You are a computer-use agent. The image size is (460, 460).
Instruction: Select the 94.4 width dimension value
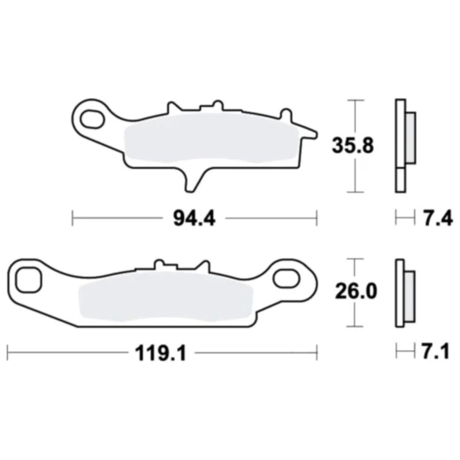coord(195,216)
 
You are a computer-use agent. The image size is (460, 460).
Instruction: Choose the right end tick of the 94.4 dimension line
coord(317,216)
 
